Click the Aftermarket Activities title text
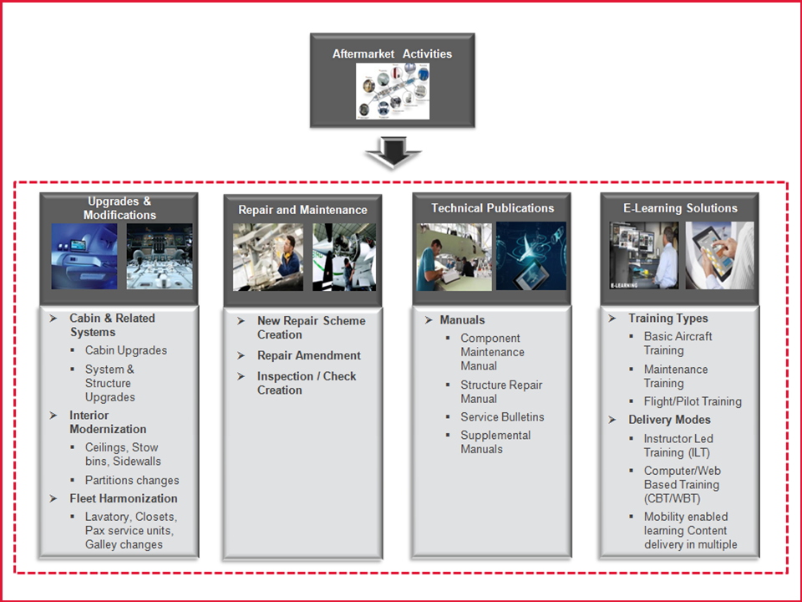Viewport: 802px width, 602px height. pyautogui.click(x=393, y=54)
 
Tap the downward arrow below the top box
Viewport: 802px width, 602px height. pyautogui.click(x=393, y=152)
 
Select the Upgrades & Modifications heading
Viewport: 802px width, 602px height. pyautogui.click(x=119, y=208)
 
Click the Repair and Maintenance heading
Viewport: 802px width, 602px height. pyautogui.click(x=302, y=210)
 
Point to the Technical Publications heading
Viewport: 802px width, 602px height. pyautogui.click(x=493, y=208)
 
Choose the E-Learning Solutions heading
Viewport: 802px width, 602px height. pyautogui.click(x=680, y=208)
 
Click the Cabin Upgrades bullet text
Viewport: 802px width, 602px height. pyautogui.click(x=126, y=350)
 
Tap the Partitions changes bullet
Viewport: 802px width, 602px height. pyautogui.click(x=132, y=480)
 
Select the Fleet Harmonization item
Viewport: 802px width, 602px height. pyautogui.click(x=124, y=498)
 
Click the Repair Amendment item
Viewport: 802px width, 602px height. pyautogui.click(x=309, y=355)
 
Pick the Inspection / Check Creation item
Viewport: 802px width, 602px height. pyautogui.click(x=307, y=383)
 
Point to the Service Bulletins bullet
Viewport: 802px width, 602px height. pyautogui.click(x=502, y=417)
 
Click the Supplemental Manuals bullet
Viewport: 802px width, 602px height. pyautogui.click(x=495, y=442)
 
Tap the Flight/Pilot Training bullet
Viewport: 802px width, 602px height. pyautogui.click(x=693, y=402)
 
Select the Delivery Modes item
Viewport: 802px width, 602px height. pyautogui.click(x=669, y=420)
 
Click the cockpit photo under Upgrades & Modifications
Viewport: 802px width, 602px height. pyautogui.click(x=160, y=257)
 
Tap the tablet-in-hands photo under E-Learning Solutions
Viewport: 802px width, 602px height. pyautogui.click(x=719, y=256)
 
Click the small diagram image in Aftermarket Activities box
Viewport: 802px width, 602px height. pyautogui.click(x=393, y=91)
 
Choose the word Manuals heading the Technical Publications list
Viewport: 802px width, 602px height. pyautogui.click(x=462, y=320)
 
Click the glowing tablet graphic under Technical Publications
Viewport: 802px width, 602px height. pyautogui.click(x=531, y=256)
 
